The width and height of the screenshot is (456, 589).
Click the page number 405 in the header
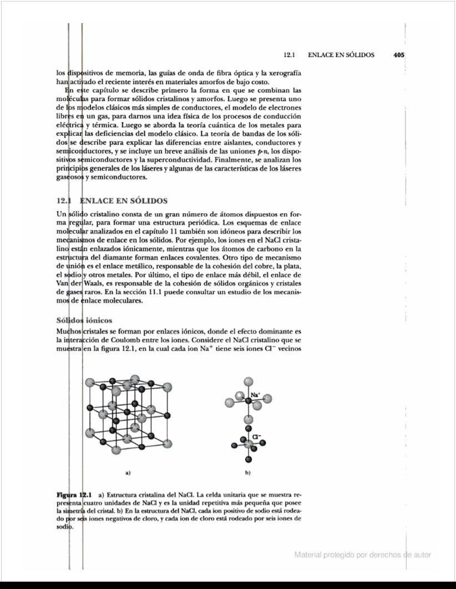pos(398,55)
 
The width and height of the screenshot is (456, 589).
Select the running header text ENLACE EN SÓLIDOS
pos(341,55)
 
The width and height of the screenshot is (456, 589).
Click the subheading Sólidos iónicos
pos(84,320)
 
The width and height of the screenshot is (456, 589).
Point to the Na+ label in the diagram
pos(255,395)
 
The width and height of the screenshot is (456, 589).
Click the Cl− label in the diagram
pos(256,436)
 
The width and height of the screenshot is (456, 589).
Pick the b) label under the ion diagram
pos(247,473)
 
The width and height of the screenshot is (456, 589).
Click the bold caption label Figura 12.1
pos(74,494)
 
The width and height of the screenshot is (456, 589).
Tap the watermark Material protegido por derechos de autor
pos(362,555)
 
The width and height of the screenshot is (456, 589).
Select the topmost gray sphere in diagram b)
pos(249,382)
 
